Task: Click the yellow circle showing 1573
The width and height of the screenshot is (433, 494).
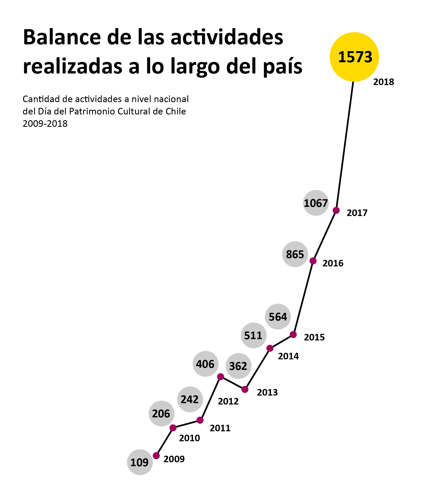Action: [354, 57]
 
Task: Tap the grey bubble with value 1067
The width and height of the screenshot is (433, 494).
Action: [316, 203]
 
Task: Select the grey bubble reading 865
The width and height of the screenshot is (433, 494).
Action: [295, 254]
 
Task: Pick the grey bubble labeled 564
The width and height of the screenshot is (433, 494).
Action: [278, 317]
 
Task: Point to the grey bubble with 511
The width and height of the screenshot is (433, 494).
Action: [254, 335]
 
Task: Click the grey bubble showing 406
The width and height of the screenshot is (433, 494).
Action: [205, 364]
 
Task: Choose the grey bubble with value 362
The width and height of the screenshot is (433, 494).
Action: [238, 366]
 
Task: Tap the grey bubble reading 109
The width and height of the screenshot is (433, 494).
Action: [140, 462]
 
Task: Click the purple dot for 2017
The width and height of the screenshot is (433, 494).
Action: [336, 211]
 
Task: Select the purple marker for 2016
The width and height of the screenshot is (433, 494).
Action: [313, 261]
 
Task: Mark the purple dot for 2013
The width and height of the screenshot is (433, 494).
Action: [245, 389]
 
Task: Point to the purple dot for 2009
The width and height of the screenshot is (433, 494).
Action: [156, 456]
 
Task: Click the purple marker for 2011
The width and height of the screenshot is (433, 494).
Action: [200, 420]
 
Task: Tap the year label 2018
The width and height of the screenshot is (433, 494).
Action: [384, 82]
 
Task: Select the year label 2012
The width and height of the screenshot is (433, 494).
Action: [228, 401]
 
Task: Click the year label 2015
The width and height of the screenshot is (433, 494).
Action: [314, 337]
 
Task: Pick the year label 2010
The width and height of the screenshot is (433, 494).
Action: [189, 438]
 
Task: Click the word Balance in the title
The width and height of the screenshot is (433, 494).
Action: [62, 37]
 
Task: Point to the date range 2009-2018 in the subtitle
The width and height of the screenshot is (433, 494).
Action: [45, 124]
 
